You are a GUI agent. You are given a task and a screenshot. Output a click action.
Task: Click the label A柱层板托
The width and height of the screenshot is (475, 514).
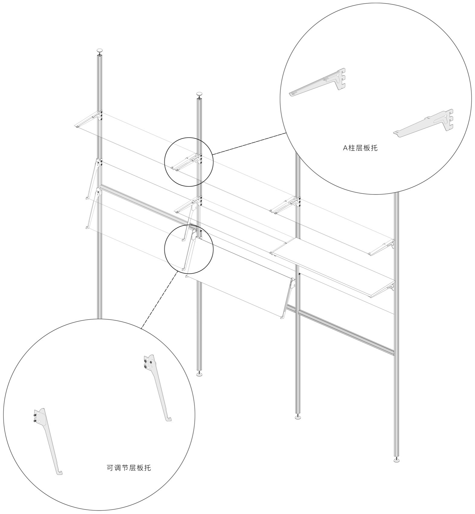click(360, 148)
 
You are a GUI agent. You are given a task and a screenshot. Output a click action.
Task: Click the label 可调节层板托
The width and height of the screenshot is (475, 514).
click(129, 468)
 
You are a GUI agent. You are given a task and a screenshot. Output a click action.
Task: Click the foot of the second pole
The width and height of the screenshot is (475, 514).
click(199, 374)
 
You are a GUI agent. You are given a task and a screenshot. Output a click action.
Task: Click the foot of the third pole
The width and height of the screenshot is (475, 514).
click(298, 417)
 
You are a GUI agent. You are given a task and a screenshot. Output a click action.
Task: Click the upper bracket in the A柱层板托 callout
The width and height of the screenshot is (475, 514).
click(317, 82)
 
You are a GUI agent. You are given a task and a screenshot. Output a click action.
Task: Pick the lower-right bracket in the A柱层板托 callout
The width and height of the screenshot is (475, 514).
click(424, 123)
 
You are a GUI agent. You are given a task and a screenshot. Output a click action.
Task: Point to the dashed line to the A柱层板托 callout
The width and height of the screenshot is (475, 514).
click(249, 144)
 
